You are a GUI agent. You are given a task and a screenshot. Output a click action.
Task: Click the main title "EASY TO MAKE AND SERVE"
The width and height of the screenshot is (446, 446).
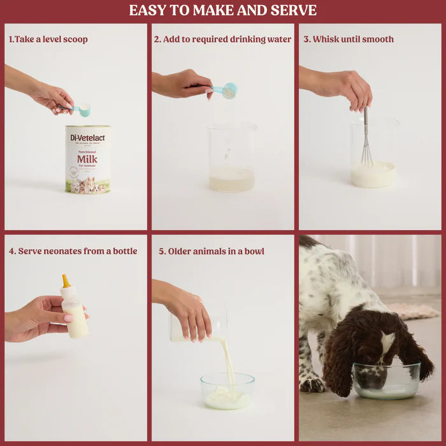(x=222, y=10)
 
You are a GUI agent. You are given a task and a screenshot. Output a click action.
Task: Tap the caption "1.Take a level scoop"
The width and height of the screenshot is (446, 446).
(x=48, y=40)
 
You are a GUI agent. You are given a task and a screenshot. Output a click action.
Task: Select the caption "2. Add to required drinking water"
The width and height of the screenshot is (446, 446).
(x=222, y=40)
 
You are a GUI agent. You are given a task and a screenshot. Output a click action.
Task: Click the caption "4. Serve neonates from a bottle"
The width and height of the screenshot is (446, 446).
(x=73, y=251)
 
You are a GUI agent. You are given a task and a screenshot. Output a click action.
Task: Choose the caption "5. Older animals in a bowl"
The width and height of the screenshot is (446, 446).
(x=211, y=251)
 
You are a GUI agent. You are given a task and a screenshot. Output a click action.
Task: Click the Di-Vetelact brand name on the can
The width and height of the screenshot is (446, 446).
(x=87, y=136)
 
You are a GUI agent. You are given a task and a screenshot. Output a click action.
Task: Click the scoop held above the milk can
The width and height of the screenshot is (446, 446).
(x=82, y=110)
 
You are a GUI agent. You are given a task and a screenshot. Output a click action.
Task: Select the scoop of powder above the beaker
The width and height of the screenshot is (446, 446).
(x=228, y=91)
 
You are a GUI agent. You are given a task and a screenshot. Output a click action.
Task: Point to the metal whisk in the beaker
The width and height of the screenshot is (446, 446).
(x=366, y=143)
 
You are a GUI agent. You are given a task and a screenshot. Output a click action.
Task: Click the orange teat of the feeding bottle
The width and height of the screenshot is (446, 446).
(x=66, y=280)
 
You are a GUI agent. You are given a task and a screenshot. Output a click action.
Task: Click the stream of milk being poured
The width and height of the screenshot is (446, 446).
(x=228, y=363)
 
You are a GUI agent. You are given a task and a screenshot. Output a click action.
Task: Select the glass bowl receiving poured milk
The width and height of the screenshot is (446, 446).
(x=227, y=391)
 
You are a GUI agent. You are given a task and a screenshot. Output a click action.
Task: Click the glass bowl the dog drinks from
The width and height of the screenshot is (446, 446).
(x=387, y=381)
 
